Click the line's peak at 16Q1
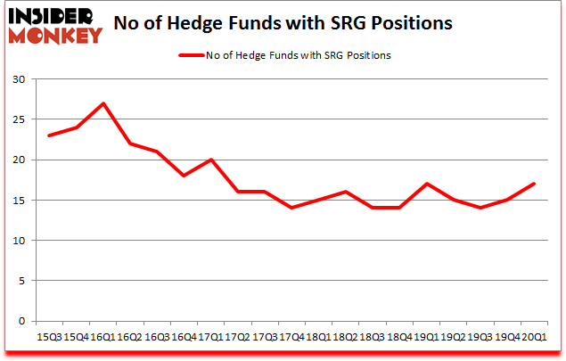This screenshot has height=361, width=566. pos(103,103)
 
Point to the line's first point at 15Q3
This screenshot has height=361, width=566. pos(49,135)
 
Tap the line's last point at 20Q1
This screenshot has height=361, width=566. pos(536,184)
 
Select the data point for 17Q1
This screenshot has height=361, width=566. pos(211,160)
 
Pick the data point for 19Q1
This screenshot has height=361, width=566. pos(428,184)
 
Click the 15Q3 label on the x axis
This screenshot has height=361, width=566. pos(49,337)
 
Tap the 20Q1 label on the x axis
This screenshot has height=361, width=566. pos(536,337)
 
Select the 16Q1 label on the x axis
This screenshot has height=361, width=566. pos(103,337)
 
